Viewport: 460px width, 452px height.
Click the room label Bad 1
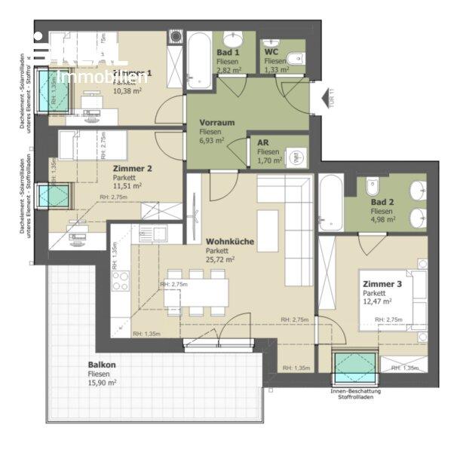228,53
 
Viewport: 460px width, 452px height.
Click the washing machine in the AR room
297,155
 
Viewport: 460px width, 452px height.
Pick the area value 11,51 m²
127,186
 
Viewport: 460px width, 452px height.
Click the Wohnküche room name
230,242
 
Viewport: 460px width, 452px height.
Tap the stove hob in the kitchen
121,281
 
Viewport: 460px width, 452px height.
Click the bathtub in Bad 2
331,203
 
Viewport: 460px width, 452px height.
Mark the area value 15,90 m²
101,383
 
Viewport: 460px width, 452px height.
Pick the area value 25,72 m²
220,260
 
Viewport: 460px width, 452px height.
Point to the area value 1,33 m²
274,70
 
